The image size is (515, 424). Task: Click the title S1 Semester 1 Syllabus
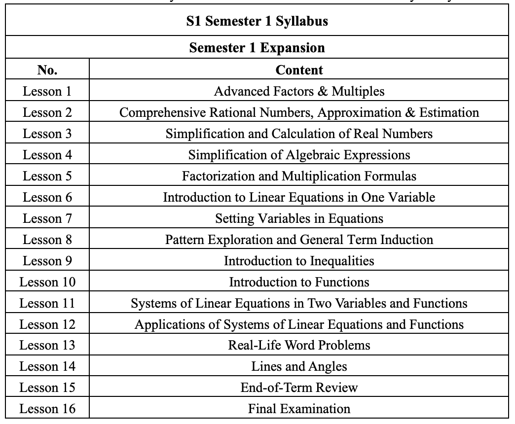tap(257, 22)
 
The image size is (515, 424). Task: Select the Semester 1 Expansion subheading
tap(257, 48)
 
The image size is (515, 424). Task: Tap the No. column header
tap(47, 70)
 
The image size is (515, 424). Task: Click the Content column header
tap(299, 70)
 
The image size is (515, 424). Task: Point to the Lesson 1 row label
tap(47, 91)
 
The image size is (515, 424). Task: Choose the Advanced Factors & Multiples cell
tap(299, 91)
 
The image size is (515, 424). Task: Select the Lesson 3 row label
tap(47, 134)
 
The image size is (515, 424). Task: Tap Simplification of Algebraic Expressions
tap(299, 155)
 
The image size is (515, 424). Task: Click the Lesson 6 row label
tap(47, 197)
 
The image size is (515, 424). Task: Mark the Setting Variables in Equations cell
tap(299, 218)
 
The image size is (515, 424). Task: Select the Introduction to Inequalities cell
tap(299, 261)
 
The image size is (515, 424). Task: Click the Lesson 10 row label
tap(47, 282)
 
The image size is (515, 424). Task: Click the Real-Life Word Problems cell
tap(299, 345)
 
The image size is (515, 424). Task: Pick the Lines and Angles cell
tap(299, 366)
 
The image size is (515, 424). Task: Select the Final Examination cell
tap(299, 409)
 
